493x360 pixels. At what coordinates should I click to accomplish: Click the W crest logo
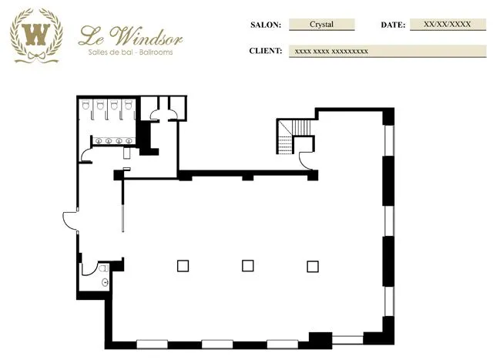(x=36, y=35)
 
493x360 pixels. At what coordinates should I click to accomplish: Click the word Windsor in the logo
(x=147, y=36)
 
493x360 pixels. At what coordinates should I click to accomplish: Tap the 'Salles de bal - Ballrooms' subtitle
(x=130, y=52)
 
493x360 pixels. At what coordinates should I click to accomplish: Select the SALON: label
(x=266, y=25)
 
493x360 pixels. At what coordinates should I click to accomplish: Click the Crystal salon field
(x=322, y=25)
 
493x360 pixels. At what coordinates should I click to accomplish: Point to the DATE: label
(x=393, y=25)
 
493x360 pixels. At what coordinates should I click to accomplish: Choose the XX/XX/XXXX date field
(x=448, y=25)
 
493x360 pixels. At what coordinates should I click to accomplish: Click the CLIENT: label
(x=266, y=51)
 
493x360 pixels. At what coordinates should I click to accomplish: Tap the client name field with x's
(x=387, y=51)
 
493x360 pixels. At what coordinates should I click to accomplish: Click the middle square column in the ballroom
(x=248, y=266)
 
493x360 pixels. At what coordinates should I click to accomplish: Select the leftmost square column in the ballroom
(x=183, y=266)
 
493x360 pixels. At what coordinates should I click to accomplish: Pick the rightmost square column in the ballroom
(x=313, y=267)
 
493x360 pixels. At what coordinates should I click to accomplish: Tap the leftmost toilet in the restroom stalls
(x=86, y=105)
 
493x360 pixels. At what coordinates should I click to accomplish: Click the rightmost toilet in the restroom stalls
(x=128, y=105)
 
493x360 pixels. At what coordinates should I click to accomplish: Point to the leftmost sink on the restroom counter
(x=99, y=141)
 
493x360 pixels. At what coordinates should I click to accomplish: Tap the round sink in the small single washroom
(x=105, y=283)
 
